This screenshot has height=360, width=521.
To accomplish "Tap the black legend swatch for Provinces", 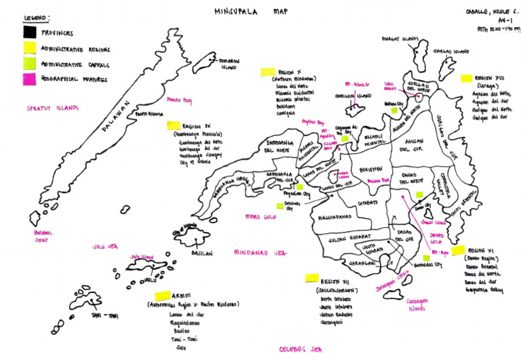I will click(x=30, y=32).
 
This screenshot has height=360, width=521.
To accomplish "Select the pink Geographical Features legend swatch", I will click(x=30, y=80).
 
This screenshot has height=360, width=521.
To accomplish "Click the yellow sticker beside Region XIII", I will click(x=466, y=79).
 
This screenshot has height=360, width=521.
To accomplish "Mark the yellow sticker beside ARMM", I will click(x=161, y=296).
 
